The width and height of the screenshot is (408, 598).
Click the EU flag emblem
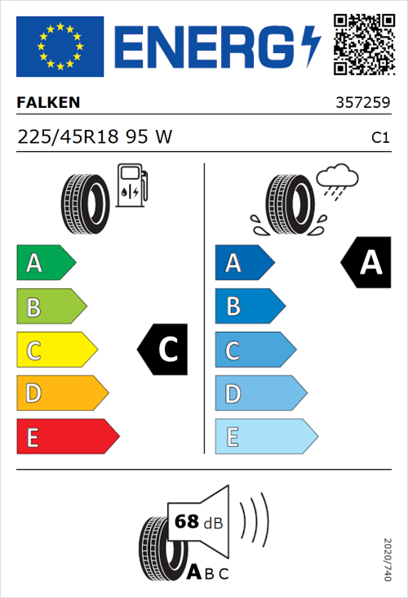[60, 47]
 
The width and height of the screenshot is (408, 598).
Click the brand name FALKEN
[49, 102]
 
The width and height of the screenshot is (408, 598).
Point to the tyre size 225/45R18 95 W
[95, 137]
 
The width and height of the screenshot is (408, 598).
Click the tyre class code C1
[379, 138]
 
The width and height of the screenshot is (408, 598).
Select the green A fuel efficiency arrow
[45, 263]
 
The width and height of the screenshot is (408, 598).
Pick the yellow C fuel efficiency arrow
[55, 350]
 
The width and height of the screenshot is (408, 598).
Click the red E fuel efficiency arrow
[67, 437]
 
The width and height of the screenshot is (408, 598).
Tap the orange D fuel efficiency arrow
[61, 394]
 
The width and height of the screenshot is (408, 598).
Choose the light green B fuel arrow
[51, 306]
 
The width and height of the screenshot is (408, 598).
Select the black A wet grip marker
[365, 263]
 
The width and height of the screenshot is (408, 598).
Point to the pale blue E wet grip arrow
[265, 437]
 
